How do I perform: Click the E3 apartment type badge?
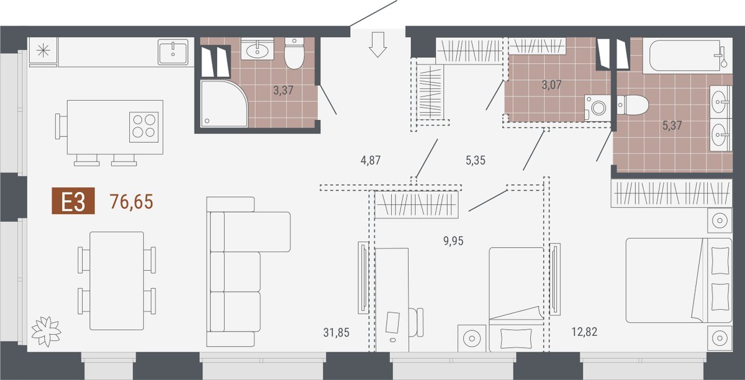tap(73, 201)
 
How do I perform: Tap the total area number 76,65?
tap(132, 201)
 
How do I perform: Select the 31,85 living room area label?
tap(336, 332)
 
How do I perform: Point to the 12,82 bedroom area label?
tap(584, 332)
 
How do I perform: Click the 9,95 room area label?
tap(453, 240)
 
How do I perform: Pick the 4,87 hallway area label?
tap(371, 160)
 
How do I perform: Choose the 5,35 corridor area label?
tap(476, 160)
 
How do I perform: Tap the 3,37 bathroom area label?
tap(283, 90)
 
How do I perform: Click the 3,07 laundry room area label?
tap(551, 85)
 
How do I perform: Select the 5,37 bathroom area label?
tap(672, 125)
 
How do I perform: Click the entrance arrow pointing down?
tap(378, 45)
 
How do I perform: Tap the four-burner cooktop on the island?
tap(143, 127)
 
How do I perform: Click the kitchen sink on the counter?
tap(173, 52)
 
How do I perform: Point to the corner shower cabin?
tap(224, 103)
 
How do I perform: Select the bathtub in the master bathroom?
tap(687, 55)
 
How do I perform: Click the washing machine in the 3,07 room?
tap(598, 108)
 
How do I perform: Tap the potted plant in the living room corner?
tap(46, 331)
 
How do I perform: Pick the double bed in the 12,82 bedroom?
tap(679, 280)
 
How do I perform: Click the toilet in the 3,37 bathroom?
tap(294, 53)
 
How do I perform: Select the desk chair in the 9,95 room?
tap(417, 322)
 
